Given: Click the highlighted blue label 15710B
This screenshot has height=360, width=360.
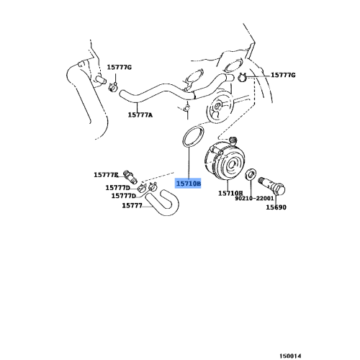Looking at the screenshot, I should [x=189, y=184].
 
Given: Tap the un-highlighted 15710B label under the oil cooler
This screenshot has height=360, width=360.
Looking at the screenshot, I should [x=230, y=194].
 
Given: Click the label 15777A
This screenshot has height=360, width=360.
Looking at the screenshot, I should [x=140, y=114].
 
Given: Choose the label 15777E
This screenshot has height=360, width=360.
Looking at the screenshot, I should [x=105, y=175].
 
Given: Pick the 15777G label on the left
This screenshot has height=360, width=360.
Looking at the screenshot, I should [x=120, y=67].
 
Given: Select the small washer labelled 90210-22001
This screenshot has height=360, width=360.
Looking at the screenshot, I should [x=251, y=175].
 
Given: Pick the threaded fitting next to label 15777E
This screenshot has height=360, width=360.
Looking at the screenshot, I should [x=130, y=176].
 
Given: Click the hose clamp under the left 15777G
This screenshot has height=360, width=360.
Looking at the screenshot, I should [x=114, y=88].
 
